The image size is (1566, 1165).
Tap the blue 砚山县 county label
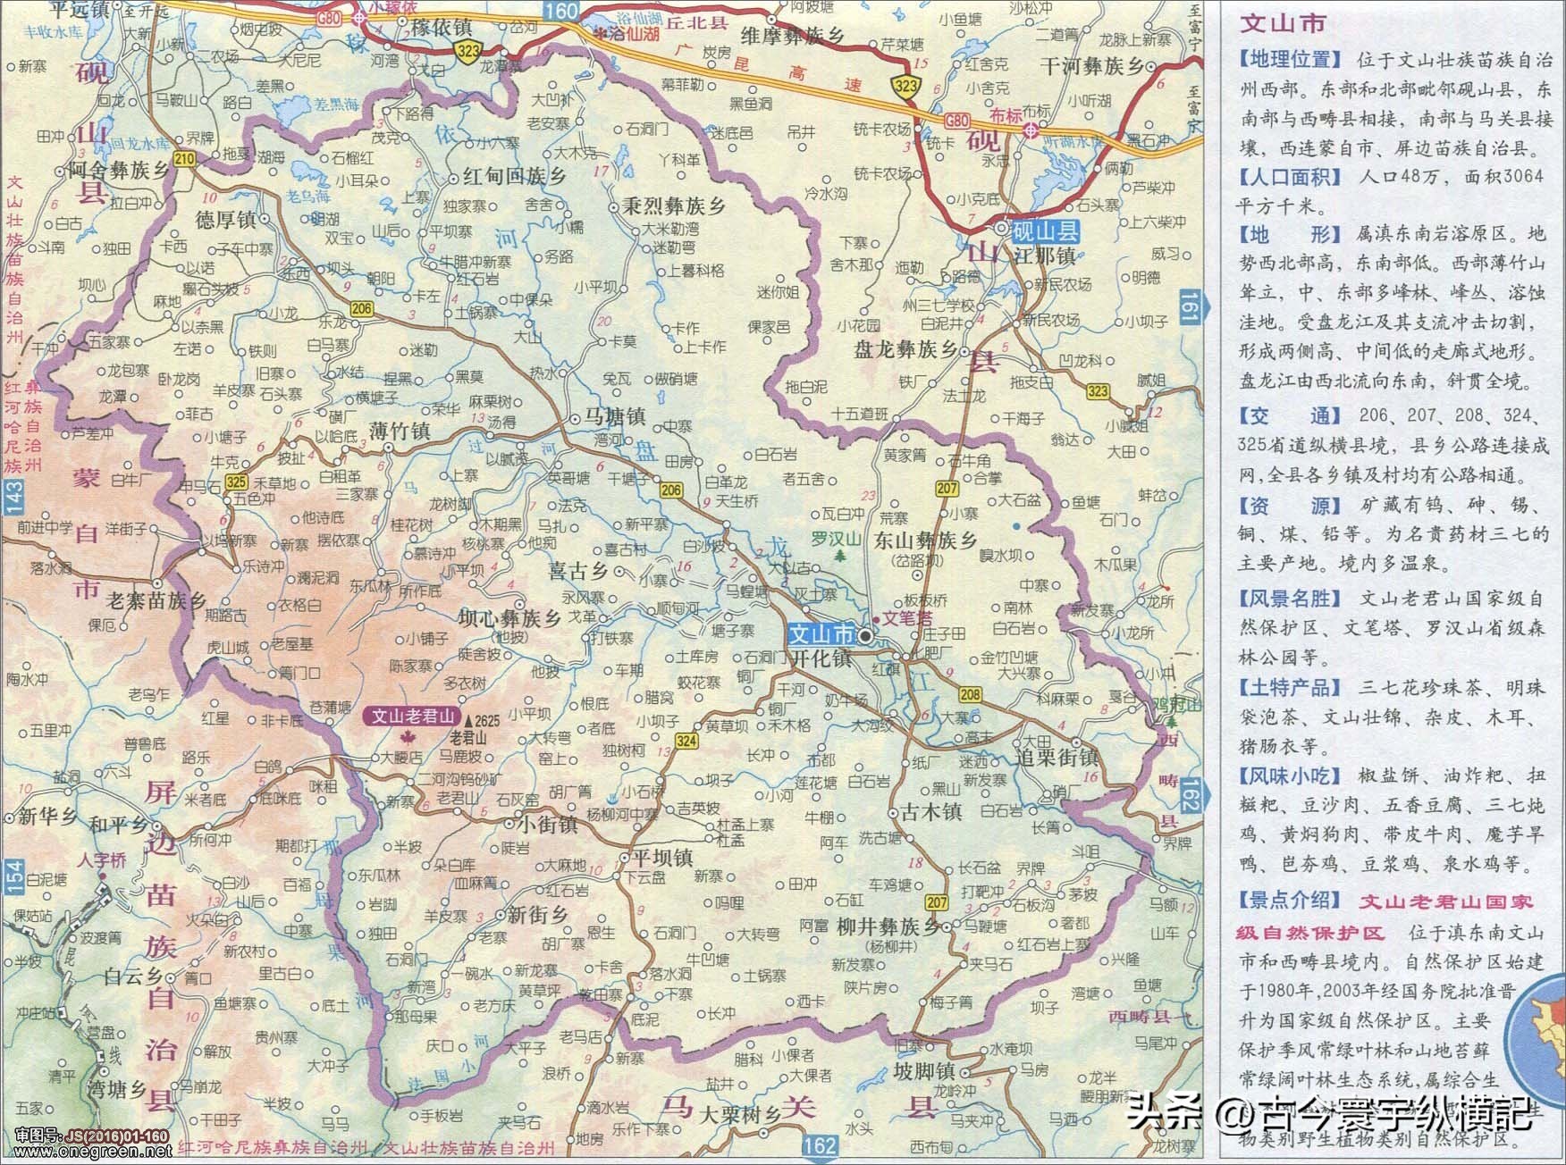1045,231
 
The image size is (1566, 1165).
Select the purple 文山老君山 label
414,716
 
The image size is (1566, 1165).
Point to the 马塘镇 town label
614,417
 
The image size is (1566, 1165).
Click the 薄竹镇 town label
400,432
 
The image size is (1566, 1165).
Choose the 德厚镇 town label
226,220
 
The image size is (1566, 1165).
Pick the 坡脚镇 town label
924,1070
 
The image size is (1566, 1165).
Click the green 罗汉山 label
835,539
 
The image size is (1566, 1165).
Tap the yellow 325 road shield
236,482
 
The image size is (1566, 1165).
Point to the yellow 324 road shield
686,741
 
